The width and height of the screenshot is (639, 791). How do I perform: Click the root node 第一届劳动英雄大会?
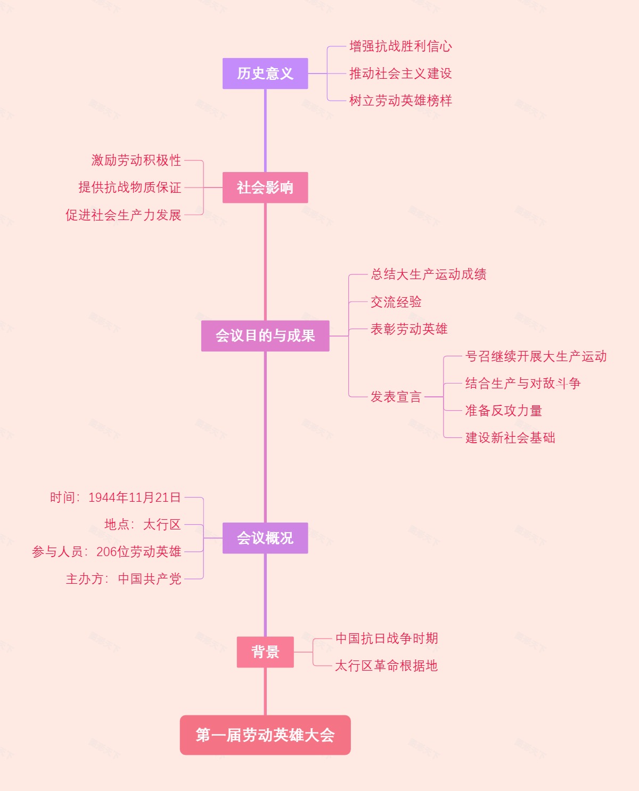point(265,735)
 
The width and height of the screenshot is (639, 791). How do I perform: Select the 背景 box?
point(265,652)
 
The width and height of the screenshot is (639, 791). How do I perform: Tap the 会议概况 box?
point(265,538)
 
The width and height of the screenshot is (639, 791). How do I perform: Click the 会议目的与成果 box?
point(265,336)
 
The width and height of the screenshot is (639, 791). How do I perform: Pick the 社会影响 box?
point(265,187)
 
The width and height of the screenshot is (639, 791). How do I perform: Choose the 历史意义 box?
point(265,74)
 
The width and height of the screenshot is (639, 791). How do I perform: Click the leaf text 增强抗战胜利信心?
point(400,46)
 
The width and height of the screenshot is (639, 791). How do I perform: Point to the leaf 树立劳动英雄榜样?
point(400,101)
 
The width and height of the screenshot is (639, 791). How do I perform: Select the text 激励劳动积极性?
point(136,160)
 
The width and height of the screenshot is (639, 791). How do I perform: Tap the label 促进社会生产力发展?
point(124,215)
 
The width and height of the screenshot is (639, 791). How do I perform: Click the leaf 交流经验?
point(396,302)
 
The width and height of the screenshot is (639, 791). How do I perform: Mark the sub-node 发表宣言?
point(396,397)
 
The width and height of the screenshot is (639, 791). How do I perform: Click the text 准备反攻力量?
point(504,411)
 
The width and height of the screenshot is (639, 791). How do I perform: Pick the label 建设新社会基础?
point(510,438)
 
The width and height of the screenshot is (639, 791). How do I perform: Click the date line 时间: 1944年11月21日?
point(116,498)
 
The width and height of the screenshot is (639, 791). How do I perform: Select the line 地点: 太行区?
point(143,525)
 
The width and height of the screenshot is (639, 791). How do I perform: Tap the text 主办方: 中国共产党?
point(124,579)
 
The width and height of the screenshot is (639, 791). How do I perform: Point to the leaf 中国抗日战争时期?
point(387,638)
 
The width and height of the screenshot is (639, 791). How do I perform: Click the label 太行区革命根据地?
point(386,666)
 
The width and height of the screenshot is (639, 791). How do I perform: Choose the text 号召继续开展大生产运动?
point(536,356)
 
